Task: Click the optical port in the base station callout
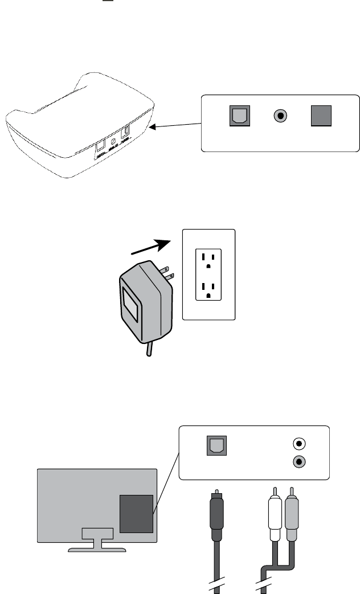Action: (x=238, y=117)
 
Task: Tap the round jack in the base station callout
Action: (x=280, y=117)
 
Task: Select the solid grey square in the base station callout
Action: (x=320, y=117)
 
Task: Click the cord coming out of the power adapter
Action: (x=149, y=349)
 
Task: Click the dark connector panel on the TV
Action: (x=137, y=514)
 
